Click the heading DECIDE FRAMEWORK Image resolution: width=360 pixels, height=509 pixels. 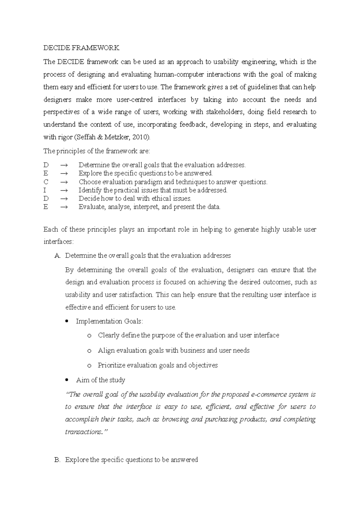(x=81, y=48)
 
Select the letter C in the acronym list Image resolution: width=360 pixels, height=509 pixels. (x=46, y=182)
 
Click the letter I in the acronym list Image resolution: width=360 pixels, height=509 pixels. (x=45, y=190)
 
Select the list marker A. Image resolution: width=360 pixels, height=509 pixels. (x=57, y=256)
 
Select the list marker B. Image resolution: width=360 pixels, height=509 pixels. (x=57, y=460)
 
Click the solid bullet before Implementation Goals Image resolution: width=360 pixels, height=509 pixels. (x=67, y=321)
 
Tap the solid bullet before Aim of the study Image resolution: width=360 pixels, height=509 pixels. (x=67, y=380)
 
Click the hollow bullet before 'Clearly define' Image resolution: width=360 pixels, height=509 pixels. (x=89, y=336)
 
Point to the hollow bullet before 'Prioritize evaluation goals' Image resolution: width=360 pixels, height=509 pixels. (x=89, y=366)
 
